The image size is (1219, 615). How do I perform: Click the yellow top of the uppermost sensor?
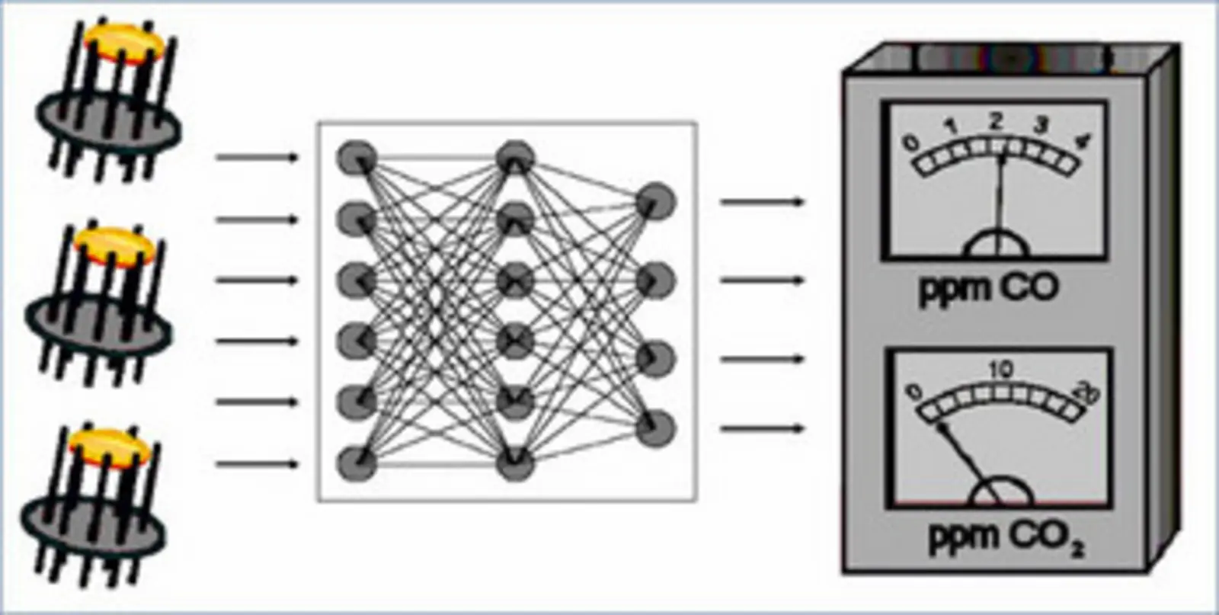123,43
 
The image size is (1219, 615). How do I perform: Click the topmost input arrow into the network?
256,158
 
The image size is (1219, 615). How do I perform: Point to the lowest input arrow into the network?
256,463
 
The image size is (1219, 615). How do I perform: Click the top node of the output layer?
655,201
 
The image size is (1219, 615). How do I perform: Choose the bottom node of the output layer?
655,428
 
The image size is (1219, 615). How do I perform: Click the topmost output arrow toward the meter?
762,202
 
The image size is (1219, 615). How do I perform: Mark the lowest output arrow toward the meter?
762,428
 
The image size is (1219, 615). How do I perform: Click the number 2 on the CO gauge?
996,120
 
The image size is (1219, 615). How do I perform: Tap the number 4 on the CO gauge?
1083,140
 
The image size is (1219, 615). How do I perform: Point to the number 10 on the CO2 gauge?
1001,370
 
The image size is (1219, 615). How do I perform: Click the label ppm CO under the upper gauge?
989,288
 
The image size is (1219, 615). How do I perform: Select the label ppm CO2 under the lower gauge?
1004,537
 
